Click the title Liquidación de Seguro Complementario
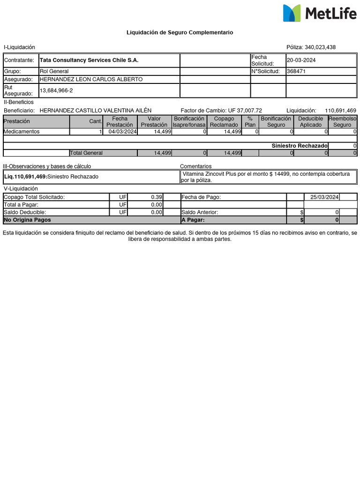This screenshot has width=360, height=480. [x=180, y=32]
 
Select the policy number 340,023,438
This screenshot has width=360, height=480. [x=320, y=47]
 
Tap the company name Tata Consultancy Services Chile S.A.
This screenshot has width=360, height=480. [x=89, y=60]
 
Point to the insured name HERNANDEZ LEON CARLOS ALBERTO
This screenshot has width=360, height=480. [x=91, y=79]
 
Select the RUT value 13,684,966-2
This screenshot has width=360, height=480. [x=56, y=90]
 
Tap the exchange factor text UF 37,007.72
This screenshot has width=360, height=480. [x=245, y=110]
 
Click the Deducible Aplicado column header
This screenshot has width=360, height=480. [x=310, y=122]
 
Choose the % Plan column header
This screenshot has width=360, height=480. [x=250, y=122]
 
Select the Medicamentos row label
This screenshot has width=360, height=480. [x=22, y=132]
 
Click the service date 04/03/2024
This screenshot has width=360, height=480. [x=122, y=132]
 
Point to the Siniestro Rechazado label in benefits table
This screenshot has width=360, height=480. [x=300, y=146]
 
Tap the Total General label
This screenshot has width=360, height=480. [x=86, y=153]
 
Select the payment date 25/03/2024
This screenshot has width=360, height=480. [x=322, y=197]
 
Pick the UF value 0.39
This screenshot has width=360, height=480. [x=157, y=197]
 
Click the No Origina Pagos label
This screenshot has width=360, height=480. [x=27, y=219]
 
